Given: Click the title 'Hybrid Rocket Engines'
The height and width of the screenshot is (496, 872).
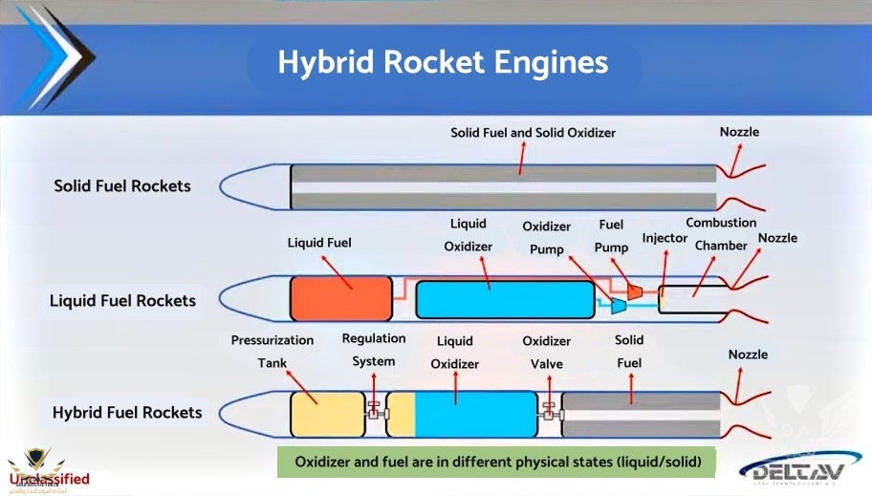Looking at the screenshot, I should point(443,62).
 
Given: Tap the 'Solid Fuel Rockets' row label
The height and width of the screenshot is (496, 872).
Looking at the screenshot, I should point(122,185).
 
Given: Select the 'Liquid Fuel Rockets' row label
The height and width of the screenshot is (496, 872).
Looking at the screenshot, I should point(122,300).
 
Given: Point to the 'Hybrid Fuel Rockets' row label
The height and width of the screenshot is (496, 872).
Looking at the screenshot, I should point(127,413).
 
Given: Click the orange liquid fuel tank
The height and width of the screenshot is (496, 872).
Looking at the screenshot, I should point(339,298).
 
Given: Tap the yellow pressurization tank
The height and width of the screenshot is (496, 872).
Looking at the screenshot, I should point(326,414).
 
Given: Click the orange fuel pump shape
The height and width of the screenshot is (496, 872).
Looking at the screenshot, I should point(633,288).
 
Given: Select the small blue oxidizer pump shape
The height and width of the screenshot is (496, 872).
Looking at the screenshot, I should point(618,305).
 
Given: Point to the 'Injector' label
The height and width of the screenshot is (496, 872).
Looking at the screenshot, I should point(665,237).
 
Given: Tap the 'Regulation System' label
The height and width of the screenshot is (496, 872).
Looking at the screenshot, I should point(373,350).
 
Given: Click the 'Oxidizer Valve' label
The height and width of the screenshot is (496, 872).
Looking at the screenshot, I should point(546,352).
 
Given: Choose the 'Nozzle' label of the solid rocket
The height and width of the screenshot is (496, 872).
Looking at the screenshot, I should point(739,132).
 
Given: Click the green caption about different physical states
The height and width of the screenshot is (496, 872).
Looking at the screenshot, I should point(504,463).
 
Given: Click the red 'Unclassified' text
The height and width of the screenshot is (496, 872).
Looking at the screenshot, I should point(49,479).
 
